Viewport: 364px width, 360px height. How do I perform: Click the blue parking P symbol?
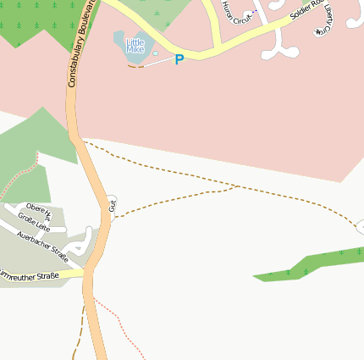point(179,59)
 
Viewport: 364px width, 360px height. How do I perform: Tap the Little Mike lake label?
point(135,46)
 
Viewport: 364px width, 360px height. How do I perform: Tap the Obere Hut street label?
point(39,210)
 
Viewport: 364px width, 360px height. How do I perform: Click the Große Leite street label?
point(35,222)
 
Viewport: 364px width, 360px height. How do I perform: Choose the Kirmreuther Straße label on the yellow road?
point(29,275)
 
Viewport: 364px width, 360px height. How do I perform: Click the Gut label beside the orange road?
point(112,205)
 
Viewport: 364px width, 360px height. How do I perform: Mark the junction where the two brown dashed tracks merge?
point(238,186)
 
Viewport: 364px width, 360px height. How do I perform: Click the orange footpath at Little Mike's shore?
point(135,66)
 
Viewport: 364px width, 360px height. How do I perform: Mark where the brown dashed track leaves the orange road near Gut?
point(113,218)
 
